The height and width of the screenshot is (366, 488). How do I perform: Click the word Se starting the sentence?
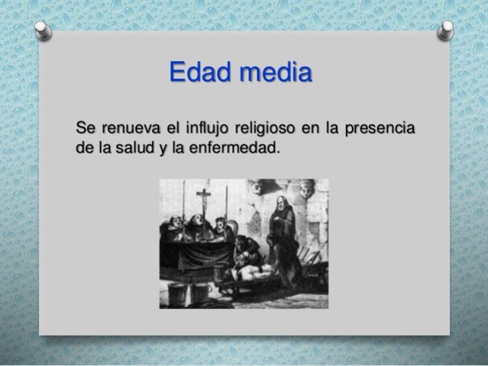click(x=86, y=126)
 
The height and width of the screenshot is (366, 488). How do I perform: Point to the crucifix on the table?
click(x=204, y=202)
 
